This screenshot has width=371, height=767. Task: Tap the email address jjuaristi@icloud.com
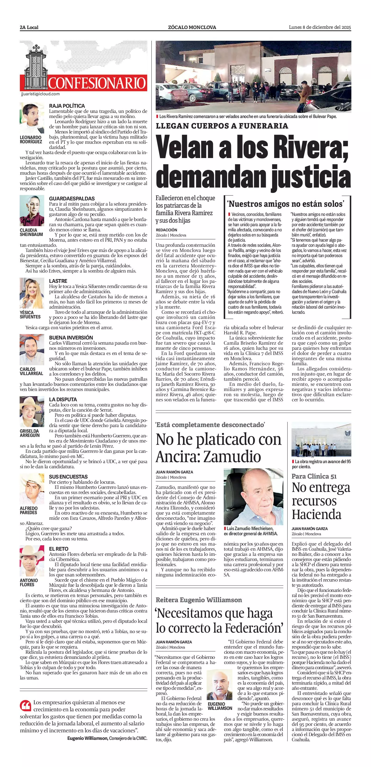coord(40,94)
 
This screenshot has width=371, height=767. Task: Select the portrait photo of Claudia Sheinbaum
coord(32,211)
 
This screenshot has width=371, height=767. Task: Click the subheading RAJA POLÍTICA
coord(67,106)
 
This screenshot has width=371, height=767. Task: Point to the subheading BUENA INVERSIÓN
coord(71,337)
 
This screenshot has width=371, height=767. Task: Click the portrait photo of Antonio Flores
coord(32,561)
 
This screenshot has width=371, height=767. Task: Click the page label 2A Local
coord(29,27)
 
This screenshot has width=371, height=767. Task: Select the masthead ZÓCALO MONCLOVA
coord(192,27)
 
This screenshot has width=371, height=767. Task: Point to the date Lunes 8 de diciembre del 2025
coord(320,27)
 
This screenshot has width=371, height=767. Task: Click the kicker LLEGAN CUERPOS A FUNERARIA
coord(222,126)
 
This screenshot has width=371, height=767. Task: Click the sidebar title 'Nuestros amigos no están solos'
coord(286,204)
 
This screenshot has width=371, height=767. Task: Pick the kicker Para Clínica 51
coord(314,476)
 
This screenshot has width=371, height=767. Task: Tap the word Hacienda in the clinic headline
coord(317,514)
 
